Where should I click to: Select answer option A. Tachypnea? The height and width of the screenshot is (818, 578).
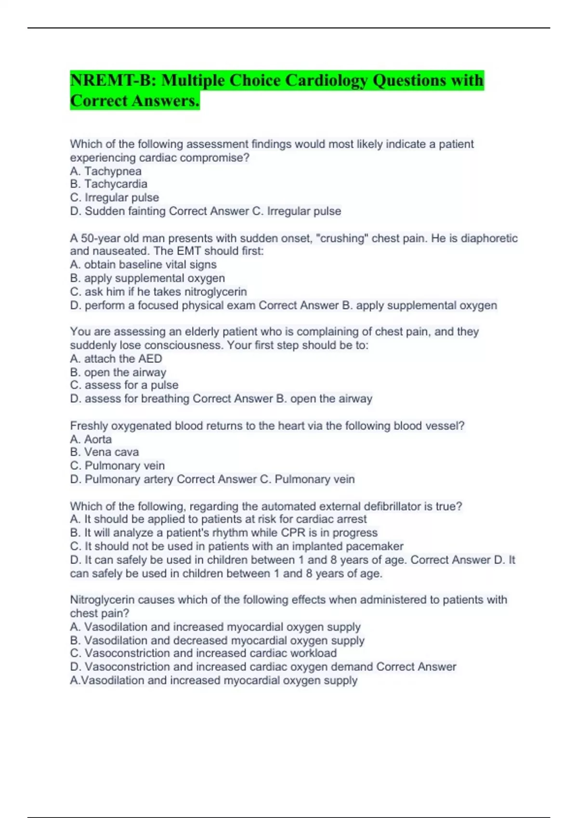105,171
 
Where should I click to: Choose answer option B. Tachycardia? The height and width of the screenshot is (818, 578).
108,184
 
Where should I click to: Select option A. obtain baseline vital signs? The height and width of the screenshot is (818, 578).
143,264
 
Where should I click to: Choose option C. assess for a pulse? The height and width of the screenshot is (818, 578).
124,385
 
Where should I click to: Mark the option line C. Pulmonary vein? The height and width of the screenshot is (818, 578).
117,465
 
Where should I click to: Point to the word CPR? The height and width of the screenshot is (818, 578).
293,533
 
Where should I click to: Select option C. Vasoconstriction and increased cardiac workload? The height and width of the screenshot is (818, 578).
203,653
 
